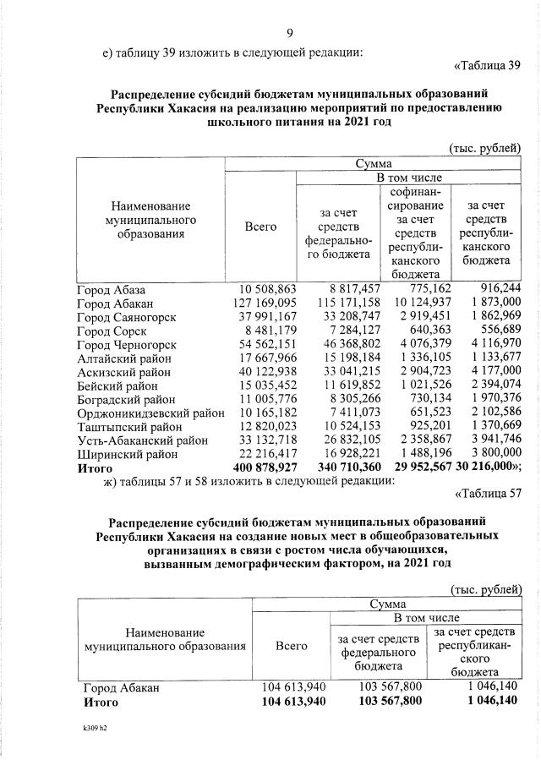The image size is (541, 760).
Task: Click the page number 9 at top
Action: [289, 34]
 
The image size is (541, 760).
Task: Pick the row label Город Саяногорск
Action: [125, 317]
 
